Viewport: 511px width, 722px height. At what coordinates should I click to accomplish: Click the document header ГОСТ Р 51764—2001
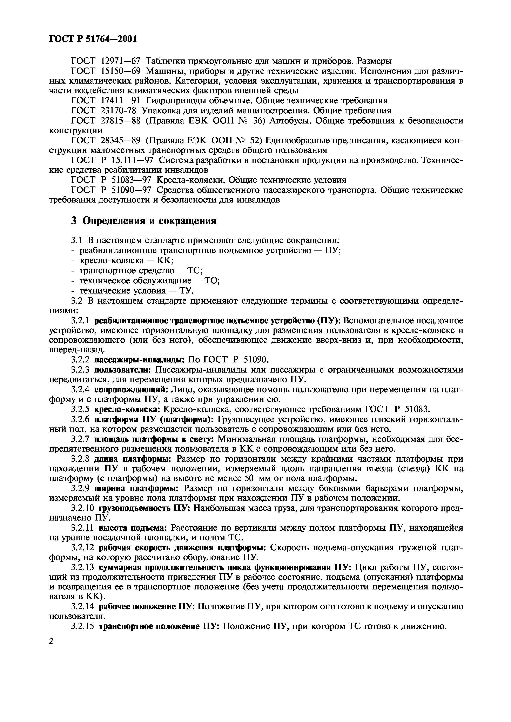click(93, 39)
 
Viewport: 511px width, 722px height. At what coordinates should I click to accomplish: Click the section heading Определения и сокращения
click(144, 221)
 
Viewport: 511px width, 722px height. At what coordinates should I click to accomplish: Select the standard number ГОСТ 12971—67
click(106, 61)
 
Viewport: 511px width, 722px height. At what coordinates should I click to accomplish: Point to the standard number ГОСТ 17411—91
click(106, 101)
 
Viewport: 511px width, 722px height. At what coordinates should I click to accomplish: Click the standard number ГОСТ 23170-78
click(105, 111)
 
